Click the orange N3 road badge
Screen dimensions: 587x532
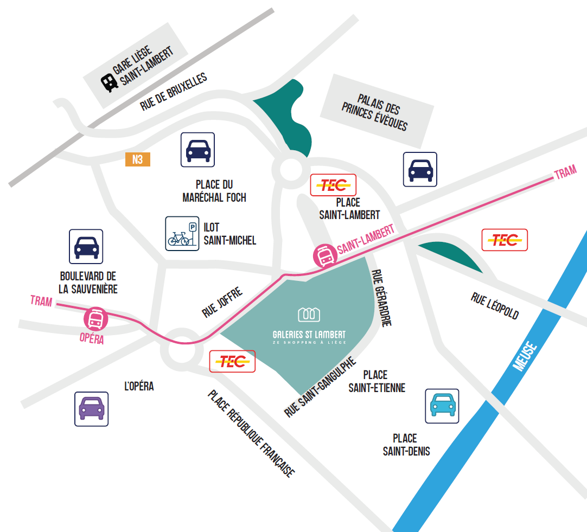138,159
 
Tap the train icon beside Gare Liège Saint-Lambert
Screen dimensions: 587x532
109,82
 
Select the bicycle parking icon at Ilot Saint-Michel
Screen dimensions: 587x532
182,233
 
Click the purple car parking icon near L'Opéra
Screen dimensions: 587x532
91,409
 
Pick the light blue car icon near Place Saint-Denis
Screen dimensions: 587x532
442,406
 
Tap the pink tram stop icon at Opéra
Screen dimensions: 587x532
96,319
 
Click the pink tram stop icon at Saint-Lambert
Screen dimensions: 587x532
326,255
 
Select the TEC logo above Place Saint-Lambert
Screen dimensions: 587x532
333,185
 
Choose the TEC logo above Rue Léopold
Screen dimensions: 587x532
505,240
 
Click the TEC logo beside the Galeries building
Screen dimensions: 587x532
233,361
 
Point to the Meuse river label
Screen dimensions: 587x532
525,356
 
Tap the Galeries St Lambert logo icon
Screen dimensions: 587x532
309,314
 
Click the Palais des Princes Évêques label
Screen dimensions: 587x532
375,112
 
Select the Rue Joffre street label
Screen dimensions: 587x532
222,302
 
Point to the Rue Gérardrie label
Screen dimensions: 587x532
381,298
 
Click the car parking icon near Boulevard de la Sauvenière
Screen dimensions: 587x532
86,247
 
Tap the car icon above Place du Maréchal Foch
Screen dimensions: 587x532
197,150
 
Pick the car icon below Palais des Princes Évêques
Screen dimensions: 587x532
420,169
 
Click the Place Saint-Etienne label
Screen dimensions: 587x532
377,381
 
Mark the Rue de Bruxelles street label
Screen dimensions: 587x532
174,91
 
